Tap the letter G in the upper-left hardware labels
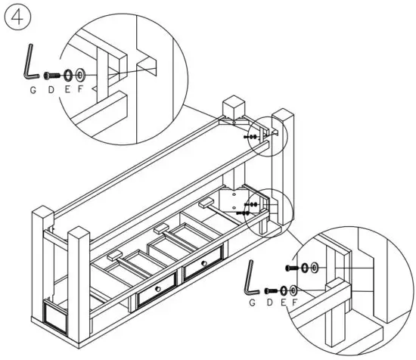pos(33,90)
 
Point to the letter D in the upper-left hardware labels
pos(51,90)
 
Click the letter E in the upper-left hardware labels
pos(67,90)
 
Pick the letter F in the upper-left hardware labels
pos(81,90)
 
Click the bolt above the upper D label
pos(51,76)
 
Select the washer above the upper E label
pos(67,76)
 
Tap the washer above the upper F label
pos(81,76)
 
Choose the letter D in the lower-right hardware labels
pos(271,303)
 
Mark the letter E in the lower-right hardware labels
pos(283,303)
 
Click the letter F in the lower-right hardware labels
pos(294,303)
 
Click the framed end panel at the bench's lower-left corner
pos(56,316)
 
